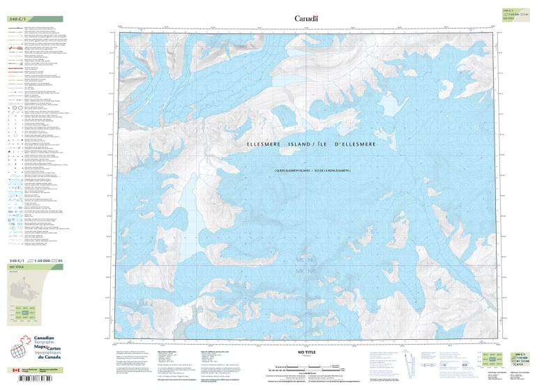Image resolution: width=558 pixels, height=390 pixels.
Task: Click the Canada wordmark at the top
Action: coord(306,18)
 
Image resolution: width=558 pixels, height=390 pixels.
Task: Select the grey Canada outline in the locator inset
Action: coord(21,289)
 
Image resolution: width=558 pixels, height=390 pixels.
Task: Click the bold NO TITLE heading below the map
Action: coord(306,353)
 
